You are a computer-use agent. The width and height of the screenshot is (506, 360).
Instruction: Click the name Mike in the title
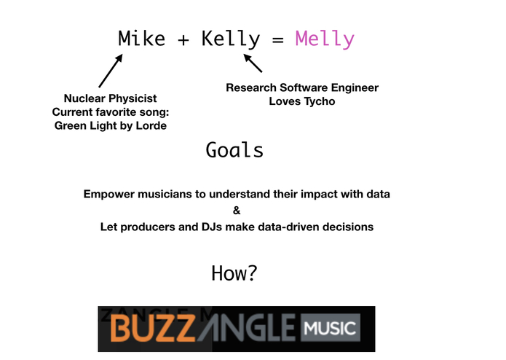[x=142, y=39]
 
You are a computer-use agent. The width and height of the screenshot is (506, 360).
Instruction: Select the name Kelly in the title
[x=230, y=39]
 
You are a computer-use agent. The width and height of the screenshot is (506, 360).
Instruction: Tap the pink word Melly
[x=325, y=39]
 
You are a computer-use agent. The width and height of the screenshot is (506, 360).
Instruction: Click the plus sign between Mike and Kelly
[x=183, y=39]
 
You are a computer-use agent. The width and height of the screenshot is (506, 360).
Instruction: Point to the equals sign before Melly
[x=277, y=39]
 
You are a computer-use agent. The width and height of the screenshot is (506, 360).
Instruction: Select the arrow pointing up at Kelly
[x=253, y=63]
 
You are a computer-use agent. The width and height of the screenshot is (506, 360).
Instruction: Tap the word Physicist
[x=134, y=98]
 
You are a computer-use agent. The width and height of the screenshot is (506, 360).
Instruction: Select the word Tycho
[x=320, y=101]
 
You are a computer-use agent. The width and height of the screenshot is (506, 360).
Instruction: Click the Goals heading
[x=234, y=150]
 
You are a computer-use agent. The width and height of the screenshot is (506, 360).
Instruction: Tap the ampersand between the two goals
[x=236, y=211]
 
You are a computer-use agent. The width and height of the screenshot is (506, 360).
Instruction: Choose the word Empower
[x=110, y=195]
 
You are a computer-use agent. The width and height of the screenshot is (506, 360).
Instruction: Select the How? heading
[x=234, y=273]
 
